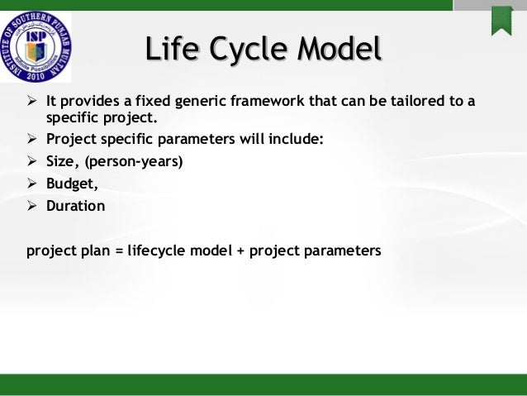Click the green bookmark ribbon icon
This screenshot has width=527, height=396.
point(501,21)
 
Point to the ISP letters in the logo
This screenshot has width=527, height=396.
point(36,37)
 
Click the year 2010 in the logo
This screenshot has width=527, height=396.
point(36,75)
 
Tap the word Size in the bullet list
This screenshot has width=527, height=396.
point(60,161)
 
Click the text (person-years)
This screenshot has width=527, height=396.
point(134,161)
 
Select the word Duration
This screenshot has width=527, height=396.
point(76,206)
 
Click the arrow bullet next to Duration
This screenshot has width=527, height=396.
point(32,205)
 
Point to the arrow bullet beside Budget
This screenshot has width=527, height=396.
point(32,183)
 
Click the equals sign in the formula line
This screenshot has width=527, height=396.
point(119,251)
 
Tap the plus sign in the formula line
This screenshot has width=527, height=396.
point(240,251)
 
